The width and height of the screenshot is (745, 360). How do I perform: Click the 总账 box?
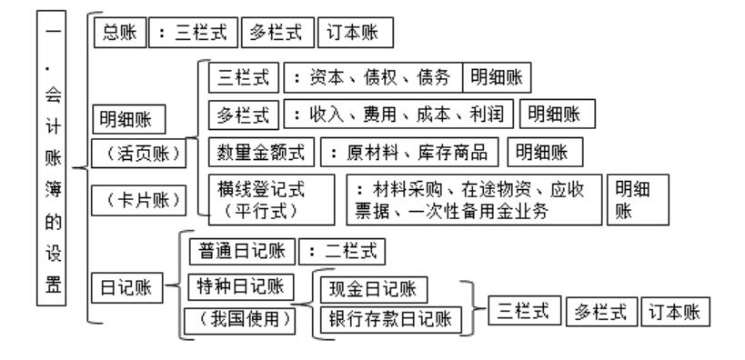click(115, 34)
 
